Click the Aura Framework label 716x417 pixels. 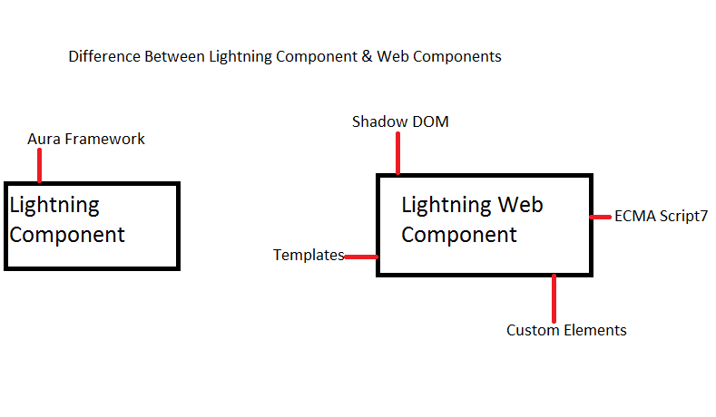point(86,139)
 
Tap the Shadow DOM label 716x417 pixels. point(400,121)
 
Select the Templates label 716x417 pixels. point(309,255)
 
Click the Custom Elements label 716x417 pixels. point(566,330)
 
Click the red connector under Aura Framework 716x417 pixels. point(39,166)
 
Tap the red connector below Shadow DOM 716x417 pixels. point(397,156)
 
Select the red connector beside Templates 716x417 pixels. point(361,257)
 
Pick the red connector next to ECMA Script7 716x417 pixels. point(601,217)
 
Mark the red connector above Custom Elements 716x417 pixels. point(554,296)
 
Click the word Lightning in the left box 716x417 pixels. point(54,206)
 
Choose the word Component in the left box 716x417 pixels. point(67,235)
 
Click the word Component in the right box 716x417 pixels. point(459,235)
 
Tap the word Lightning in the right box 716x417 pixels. point(446,206)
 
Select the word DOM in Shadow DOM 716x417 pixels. point(430,121)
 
